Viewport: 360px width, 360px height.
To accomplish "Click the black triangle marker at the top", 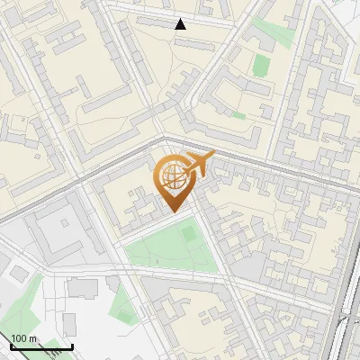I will (181, 24).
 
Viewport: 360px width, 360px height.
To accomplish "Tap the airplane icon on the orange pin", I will (201, 163).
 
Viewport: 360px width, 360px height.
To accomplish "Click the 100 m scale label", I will (23, 337).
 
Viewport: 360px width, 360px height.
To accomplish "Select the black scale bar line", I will (41, 346).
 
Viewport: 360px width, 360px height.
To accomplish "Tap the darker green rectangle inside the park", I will (189, 234).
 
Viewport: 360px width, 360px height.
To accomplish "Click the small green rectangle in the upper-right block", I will (261, 65).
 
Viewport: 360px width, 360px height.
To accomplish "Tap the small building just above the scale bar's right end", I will (69, 324).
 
